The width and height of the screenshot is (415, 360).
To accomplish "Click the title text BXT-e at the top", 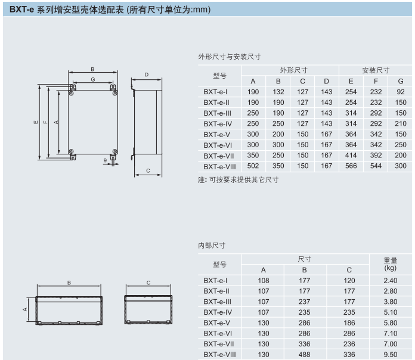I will tap(21, 10).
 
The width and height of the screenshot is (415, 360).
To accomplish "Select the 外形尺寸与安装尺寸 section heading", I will tap(230, 57).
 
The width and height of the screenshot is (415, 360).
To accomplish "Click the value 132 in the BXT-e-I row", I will tap(278, 92).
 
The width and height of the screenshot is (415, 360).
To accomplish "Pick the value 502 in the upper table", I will tap(253, 166).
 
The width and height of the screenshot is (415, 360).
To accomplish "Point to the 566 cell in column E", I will tap(351, 166).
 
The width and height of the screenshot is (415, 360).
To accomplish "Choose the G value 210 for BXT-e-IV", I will tap(400, 123).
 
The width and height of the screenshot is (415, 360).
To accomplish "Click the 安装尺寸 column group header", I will tap(376, 70).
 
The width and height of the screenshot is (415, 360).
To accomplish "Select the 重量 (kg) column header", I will tap(390, 264).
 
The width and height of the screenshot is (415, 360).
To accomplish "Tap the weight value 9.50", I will tap(390, 355).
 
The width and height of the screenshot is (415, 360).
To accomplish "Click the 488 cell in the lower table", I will tap(305, 355).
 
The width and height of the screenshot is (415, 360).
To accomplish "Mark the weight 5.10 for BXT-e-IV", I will tap(390, 312).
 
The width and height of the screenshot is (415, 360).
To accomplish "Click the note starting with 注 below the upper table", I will tap(239, 179).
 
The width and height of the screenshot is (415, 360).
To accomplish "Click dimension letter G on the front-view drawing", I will tap(93, 79).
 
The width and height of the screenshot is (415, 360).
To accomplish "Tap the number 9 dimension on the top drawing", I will tap(105, 160).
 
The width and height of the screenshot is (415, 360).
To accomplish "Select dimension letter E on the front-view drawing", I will tap(36, 123).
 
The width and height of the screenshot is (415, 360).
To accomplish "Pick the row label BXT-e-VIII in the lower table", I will tap(219, 355).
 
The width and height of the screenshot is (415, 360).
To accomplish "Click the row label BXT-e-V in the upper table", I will tap(217, 134).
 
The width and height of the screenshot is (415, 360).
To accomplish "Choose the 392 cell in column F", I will tap(376, 155).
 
